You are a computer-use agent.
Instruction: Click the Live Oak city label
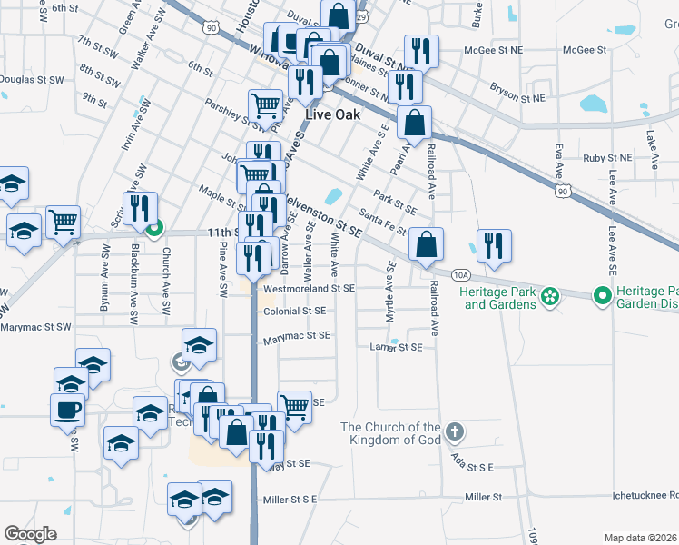click(x=332, y=114)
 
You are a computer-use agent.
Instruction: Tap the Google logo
click(x=31, y=534)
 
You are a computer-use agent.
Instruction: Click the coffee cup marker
click(x=68, y=410)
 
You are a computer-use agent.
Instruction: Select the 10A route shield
click(x=461, y=273)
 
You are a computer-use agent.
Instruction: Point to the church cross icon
click(x=455, y=431)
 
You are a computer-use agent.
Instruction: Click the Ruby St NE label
click(x=607, y=158)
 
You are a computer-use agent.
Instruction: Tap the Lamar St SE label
click(x=397, y=347)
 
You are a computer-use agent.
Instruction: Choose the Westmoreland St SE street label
click(x=309, y=290)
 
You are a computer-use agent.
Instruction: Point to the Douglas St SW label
click(x=31, y=80)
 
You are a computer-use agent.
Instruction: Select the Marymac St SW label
click(x=35, y=326)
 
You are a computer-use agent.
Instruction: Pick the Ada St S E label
click(x=472, y=466)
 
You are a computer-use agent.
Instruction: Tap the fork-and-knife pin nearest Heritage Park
click(x=494, y=246)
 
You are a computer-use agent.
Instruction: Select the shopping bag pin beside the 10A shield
click(x=426, y=244)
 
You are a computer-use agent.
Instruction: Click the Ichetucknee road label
click(x=645, y=496)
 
